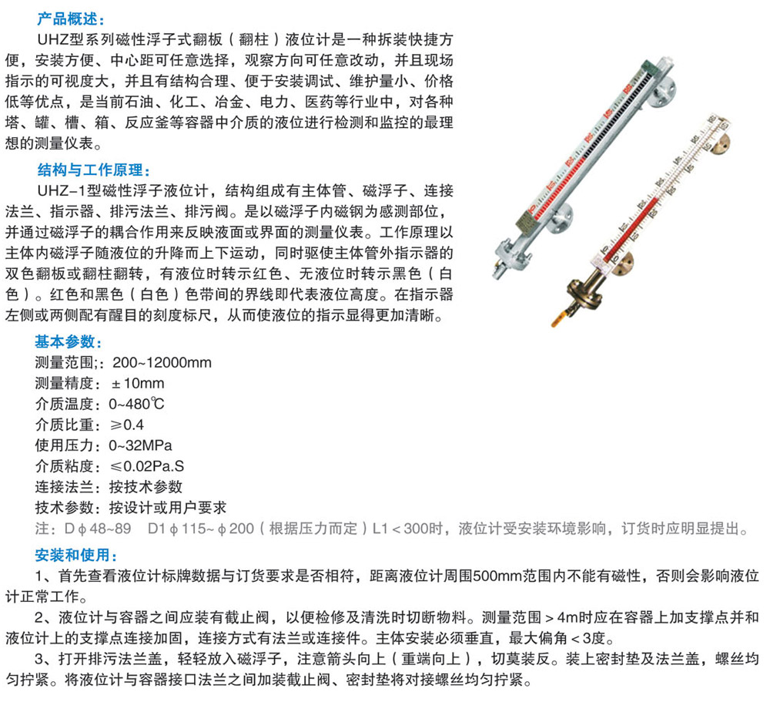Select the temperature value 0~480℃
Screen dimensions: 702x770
[x=137, y=404]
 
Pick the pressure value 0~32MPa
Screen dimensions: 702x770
[x=140, y=445]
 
